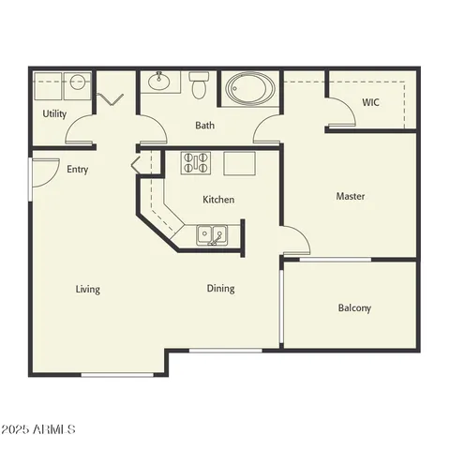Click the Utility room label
pyautogui.click(x=54, y=113)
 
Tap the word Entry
pyautogui.click(x=78, y=170)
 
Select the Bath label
pyautogui.click(x=206, y=126)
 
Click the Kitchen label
pyautogui.click(x=218, y=200)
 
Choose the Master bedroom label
pyautogui.click(x=351, y=197)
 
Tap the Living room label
pyautogui.click(x=88, y=289)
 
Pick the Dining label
pyautogui.click(x=221, y=289)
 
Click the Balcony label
pyautogui.click(x=354, y=307)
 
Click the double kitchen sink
pyautogui.click(x=211, y=234)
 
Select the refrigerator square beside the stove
pyautogui.click(x=240, y=163)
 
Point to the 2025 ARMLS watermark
pyautogui.click(x=38, y=428)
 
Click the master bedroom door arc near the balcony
pyautogui.click(x=296, y=240)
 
